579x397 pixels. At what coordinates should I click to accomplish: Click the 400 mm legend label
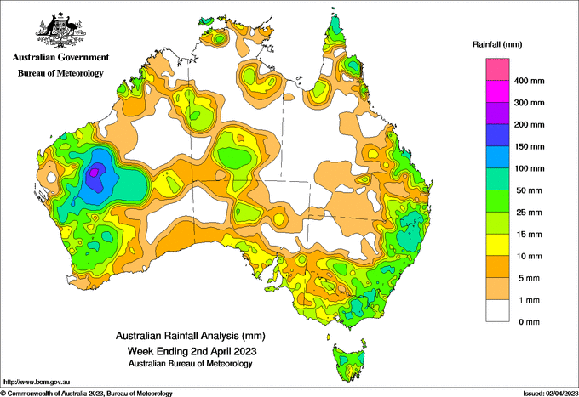tap(529, 81)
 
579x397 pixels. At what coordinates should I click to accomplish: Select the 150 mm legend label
tap(529, 147)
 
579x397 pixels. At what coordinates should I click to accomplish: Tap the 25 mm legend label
tap(529, 213)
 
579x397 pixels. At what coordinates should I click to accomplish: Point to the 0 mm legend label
tap(529, 322)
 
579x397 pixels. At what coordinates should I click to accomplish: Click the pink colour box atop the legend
tap(497, 70)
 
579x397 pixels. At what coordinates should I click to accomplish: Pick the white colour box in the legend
tap(497, 311)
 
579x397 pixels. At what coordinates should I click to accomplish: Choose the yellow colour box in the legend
tap(497, 245)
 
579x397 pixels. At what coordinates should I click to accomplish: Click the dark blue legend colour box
tap(497, 135)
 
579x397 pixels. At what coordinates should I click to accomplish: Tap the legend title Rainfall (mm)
tap(497, 44)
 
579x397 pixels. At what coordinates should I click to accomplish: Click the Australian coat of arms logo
tap(60, 31)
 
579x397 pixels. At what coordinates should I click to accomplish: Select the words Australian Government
tap(60, 57)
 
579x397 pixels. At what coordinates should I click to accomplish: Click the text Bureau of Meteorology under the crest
tap(60, 73)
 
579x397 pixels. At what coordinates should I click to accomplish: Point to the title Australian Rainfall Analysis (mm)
tap(191, 336)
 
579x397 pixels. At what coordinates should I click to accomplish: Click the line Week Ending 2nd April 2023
tap(192, 350)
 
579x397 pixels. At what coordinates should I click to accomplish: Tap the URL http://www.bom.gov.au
tap(37, 382)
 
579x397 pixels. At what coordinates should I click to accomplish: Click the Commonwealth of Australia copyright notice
tap(86, 394)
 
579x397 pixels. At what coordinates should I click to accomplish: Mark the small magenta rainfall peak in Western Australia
tap(94, 172)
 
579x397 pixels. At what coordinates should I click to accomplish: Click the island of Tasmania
tap(349, 362)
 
